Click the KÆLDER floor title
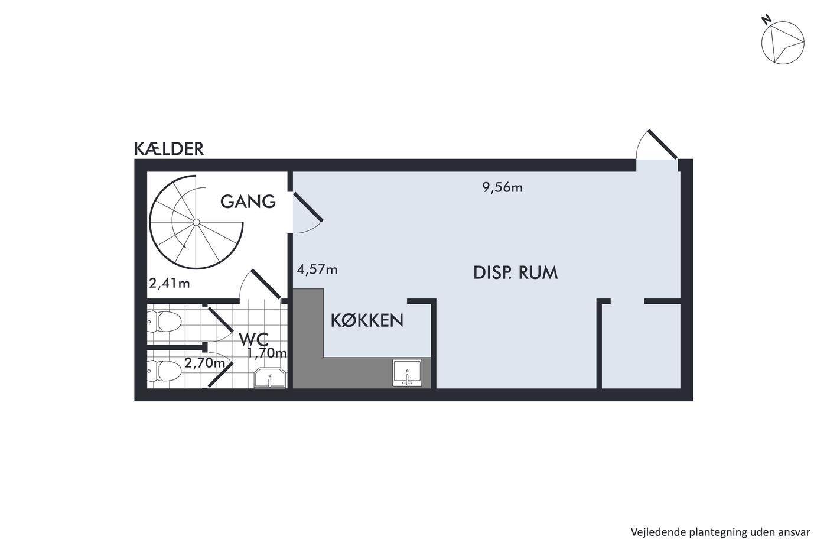169,149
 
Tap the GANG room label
248,202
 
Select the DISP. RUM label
515,272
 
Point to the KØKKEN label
367,320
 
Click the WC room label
253,339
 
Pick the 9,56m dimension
503,188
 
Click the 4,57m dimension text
317,269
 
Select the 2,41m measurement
170,284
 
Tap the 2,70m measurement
205,363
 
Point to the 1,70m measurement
267,353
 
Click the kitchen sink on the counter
407,372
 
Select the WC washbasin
270,378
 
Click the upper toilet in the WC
164,322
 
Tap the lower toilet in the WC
164,371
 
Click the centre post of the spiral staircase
196,222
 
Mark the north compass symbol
783,43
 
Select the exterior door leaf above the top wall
662,144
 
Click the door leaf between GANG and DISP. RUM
308,207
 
